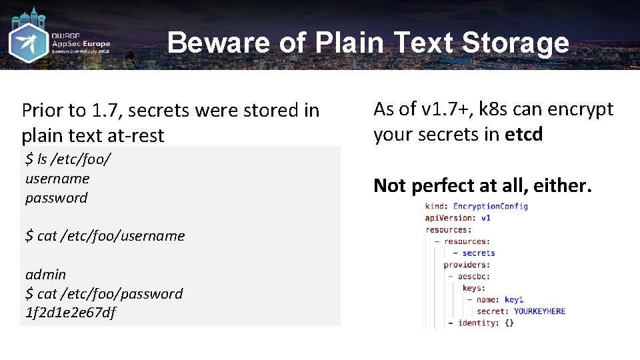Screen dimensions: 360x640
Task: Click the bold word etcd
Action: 524,135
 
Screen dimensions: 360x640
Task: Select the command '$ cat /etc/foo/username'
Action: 105,236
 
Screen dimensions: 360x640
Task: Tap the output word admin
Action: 46,274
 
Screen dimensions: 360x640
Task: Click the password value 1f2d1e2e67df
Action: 71,313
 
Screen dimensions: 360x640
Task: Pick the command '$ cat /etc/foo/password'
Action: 104,293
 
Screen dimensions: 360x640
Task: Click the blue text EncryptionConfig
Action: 490,206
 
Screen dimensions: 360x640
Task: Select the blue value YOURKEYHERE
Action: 539,311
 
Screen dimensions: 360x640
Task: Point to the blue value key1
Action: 514,300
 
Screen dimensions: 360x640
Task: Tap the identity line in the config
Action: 481,323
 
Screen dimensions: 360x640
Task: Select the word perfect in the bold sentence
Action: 443,185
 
